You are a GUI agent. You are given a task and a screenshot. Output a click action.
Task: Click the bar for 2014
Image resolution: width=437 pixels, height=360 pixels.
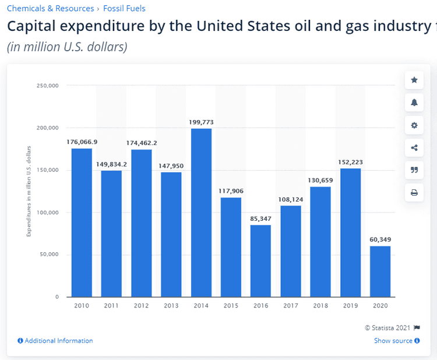tap(201, 213)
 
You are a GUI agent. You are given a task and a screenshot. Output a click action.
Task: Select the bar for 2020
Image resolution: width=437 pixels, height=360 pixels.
tap(380, 271)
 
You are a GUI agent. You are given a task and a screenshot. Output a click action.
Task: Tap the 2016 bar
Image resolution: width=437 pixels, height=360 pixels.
tap(260, 260)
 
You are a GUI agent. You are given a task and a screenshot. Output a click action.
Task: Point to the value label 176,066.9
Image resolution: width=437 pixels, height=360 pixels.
tap(82, 142)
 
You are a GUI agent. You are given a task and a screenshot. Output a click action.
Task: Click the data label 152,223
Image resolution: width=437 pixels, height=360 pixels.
tap(350, 162)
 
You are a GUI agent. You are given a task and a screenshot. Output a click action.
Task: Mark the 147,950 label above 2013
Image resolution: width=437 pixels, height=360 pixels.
tap(171, 165)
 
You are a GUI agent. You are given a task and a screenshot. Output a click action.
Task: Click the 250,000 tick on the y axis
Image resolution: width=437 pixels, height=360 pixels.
tap(48, 86)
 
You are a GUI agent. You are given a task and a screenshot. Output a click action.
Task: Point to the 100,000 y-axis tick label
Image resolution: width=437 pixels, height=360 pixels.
tap(48, 213)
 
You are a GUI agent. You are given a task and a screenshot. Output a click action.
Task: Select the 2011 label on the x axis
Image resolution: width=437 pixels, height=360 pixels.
tap(111, 305)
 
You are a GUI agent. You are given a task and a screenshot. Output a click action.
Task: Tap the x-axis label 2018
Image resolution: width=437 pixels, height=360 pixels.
tap(320, 305)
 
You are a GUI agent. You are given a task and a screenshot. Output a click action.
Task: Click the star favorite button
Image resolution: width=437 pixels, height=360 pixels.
tap(414, 80)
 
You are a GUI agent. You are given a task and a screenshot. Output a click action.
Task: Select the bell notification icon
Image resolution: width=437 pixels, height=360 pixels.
tap(414, 103)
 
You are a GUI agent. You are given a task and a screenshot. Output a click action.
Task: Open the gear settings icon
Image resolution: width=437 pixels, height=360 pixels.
tap(414, 125)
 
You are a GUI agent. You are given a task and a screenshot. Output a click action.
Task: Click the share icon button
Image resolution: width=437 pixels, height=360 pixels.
tap(414, 147)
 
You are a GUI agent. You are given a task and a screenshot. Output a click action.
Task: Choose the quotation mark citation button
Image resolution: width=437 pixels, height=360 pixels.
tap(414, 170)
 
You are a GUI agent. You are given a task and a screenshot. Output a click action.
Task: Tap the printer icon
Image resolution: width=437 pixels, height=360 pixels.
tap(414, 192)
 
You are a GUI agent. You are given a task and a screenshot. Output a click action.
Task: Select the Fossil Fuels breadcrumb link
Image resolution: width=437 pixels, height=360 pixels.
tap(124, 8)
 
